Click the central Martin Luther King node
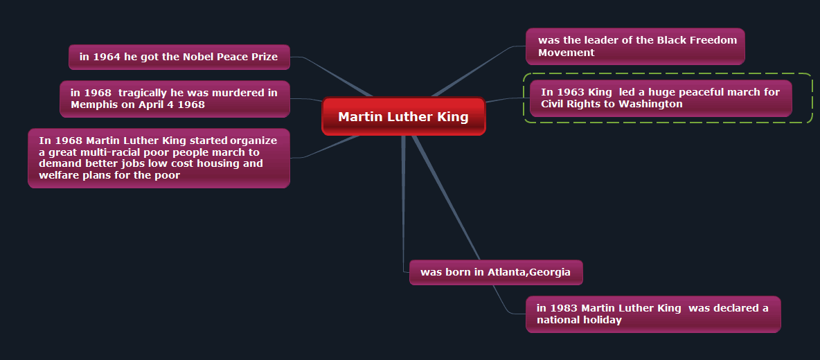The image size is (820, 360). tap(403, 116)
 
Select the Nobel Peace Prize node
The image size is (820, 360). tap(179, 57)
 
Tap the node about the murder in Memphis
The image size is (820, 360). tap(175, 99)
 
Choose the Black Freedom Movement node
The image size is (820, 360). tap(635, 46)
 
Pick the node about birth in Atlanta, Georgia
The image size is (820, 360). tap(496, 272)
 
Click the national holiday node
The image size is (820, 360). tap(653, 314)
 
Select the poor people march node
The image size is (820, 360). tap(159, 158)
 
